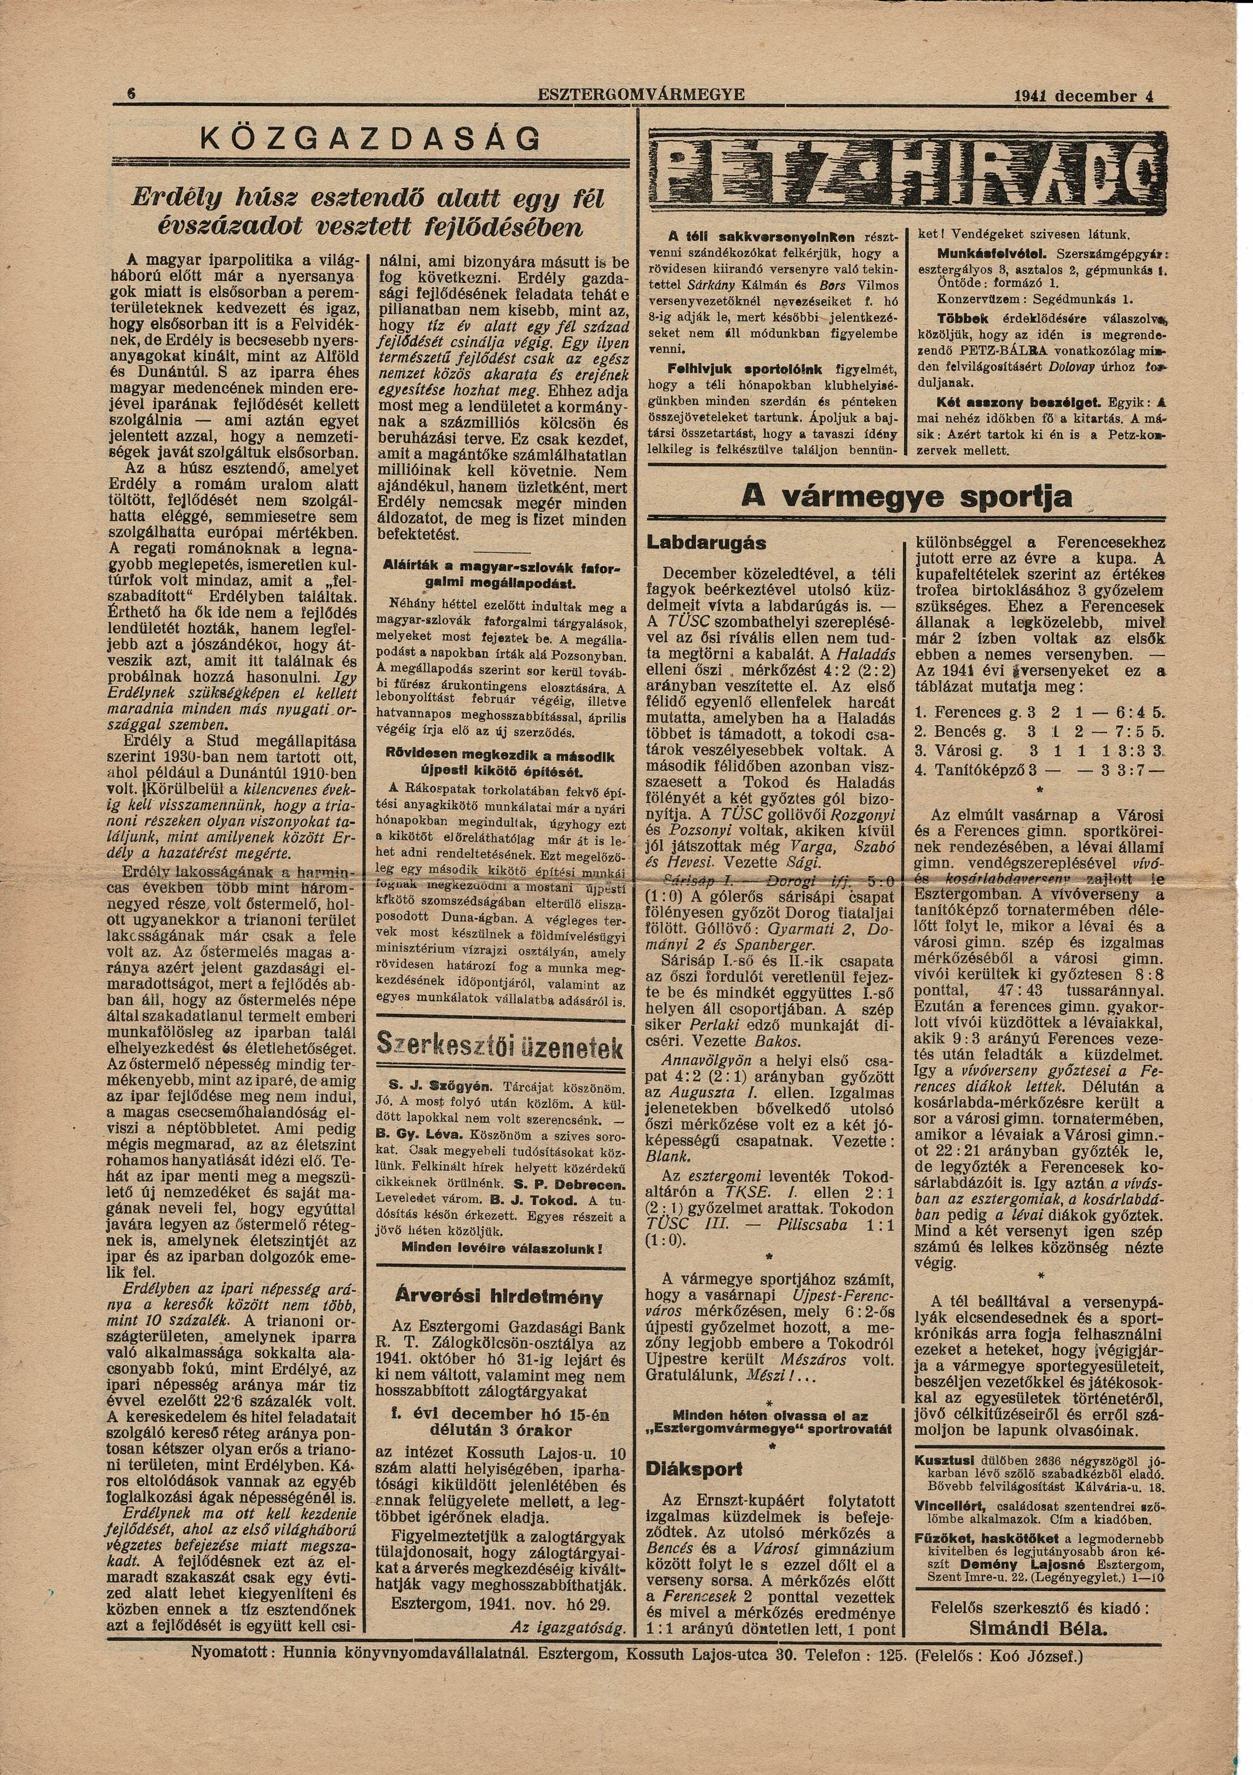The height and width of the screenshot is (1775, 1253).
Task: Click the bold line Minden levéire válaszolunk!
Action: (502, 1248)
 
